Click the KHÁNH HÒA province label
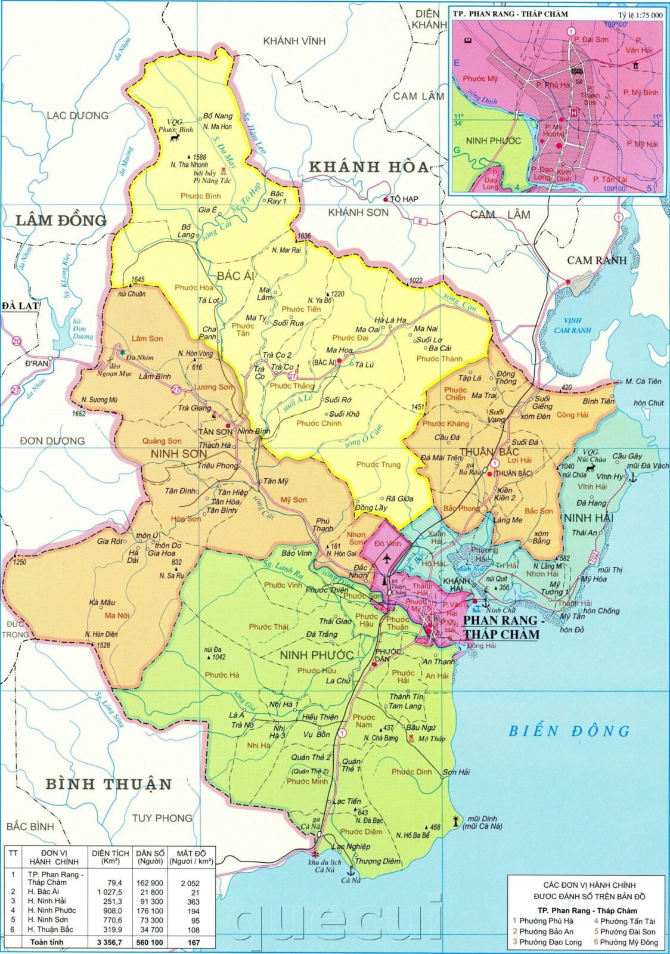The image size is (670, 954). tap(369, 167)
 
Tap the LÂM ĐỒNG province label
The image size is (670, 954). tap(61, 221)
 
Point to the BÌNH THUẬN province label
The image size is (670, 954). tap(109, 783)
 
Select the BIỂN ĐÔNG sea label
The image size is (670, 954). tap(569, 731)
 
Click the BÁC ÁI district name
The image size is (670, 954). tap(236, 275)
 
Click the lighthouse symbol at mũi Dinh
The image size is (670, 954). tap(457, 821)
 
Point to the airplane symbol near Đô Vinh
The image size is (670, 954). tap(387, 559)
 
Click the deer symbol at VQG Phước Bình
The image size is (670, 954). tap(175, 138)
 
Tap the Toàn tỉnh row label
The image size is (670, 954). tap(47, 943)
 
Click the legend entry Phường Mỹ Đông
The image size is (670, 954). tap(625, 942)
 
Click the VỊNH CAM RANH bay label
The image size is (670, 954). tap(572, 326)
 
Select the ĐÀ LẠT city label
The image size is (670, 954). tap(20, 306)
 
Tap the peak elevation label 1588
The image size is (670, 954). tap(199, 157)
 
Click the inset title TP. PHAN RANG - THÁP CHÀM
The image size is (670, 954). tap(510, 14)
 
